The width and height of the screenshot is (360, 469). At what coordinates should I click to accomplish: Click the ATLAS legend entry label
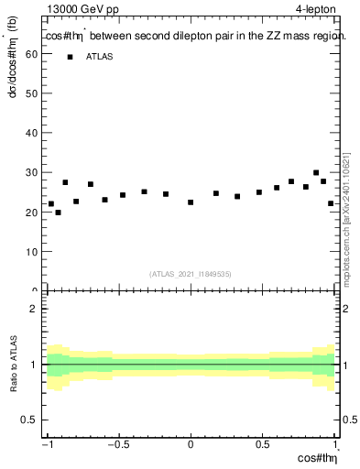[x=101, y=57]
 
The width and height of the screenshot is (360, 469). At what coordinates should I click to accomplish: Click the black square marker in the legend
[x=69, y=57]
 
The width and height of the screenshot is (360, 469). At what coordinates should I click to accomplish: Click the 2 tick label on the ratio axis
[x=33, y=309]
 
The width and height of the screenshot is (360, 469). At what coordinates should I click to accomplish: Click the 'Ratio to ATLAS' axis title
[x=14, y=365]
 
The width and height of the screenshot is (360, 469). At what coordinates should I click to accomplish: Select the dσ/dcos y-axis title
[x=14, y=79]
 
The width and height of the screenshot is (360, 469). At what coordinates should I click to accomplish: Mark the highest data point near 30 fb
[x=316, y=172]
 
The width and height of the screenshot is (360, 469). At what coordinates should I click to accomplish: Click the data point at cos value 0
[x=191, y=202]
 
